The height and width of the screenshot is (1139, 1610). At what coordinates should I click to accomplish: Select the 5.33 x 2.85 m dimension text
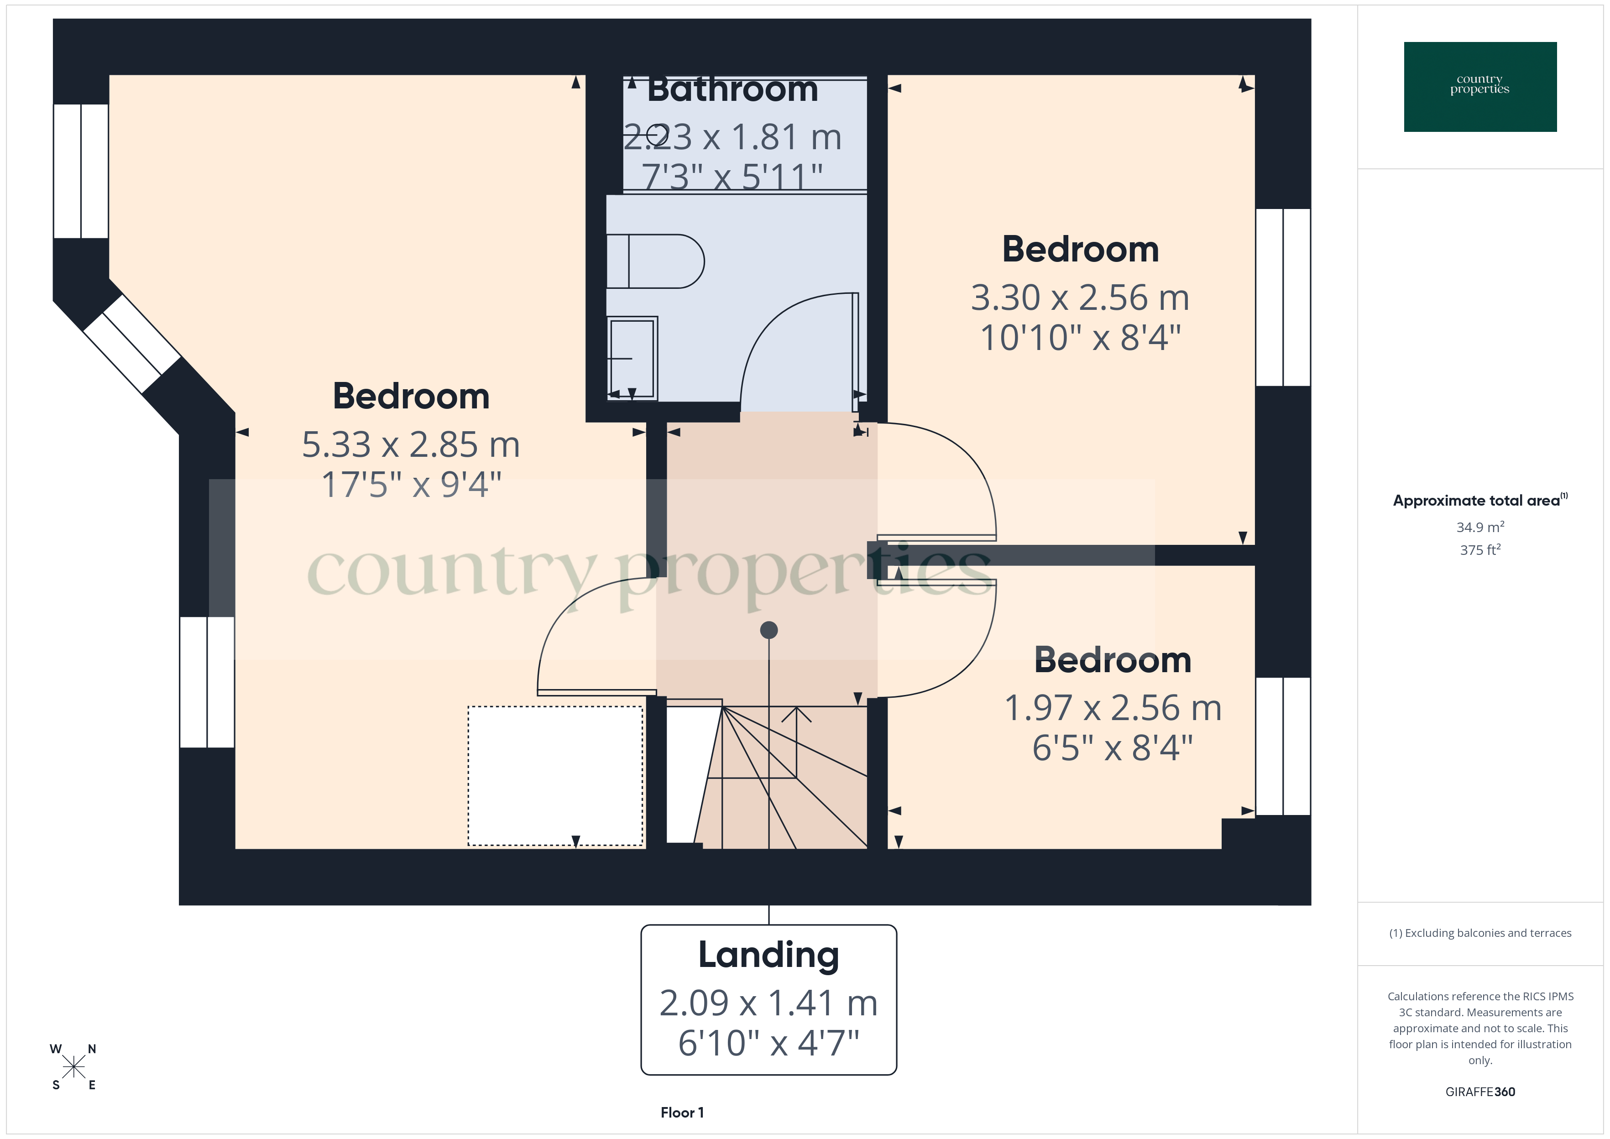411,444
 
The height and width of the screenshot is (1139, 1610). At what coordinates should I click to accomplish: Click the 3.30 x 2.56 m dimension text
1080,298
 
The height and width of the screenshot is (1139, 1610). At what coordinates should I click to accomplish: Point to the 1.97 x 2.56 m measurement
1113,708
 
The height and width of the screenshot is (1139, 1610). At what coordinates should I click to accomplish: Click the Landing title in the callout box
768,955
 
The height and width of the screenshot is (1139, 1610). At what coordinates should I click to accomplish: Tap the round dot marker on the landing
768,630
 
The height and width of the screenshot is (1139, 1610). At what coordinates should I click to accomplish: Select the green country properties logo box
1479,87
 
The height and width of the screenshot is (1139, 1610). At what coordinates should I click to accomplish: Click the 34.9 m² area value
1479,527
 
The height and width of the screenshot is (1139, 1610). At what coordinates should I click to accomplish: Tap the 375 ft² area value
1479,550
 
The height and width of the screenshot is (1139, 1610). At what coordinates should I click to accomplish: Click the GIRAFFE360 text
1479,1091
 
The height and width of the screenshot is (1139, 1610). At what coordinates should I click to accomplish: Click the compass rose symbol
73,1067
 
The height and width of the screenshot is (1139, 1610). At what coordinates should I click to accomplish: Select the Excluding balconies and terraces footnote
1479,933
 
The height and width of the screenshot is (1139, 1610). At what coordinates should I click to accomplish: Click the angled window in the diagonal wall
132,344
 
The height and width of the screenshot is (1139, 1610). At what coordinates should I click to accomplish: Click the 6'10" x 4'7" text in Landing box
768,1043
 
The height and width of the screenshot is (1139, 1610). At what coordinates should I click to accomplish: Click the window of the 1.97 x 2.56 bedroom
1282,746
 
